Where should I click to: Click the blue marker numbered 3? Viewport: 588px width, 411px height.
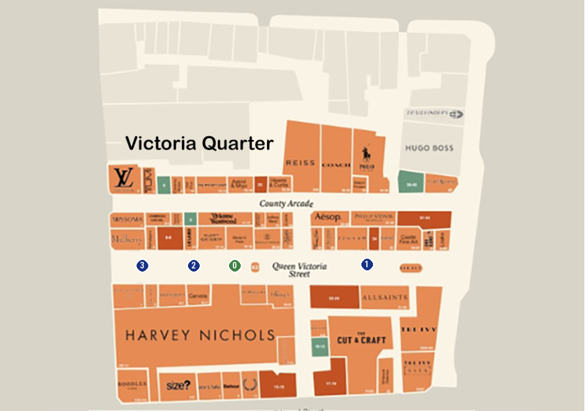(x=142, y=265)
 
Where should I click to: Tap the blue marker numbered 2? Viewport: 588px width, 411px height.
(x=194, y=265)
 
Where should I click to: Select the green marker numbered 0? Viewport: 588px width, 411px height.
(x=235, y=265)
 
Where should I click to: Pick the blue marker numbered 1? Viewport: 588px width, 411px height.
(x=367, y=264)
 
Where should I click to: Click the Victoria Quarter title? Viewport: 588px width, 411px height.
(x=199, y=143)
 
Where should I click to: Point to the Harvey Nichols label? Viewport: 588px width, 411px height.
(x=200, y=335)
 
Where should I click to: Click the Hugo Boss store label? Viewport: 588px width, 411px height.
(x=429, y=148)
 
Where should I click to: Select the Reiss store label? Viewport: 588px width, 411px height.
(x=300, y=163)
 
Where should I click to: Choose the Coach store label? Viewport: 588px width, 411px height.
(x=336, y=165)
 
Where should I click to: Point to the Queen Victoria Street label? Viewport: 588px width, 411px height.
(x=300, y=270)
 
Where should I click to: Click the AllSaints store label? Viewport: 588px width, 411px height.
(x=384, y=297)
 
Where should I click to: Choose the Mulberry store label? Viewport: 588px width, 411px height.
(x=127, y=238)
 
